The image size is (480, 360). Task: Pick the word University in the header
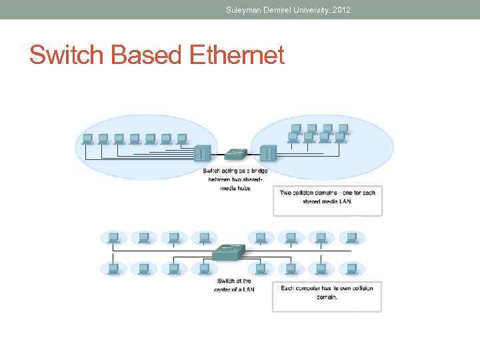pyautogui.click(x=305, y=9)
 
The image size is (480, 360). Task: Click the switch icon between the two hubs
pyautogui.click(x=235, y=153)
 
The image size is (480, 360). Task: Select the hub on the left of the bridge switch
pyautogui.click(x=202, y=154)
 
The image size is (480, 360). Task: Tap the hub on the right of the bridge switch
pyautogui.click(x=267, y=154)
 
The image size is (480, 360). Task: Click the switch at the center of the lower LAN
pyautogui.click(x=229, y=252)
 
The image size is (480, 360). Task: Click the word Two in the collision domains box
pyautogui.click(x=285, y=193)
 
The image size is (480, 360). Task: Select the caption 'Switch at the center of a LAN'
pyautogui.click(x=233, y=285)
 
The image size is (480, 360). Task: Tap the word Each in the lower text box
pyautogui.click(x=288, y=288)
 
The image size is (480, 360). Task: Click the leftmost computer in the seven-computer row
pyautogui.click(x=87, y=139)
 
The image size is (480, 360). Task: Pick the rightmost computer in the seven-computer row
pyautogui.click(x=181, y=139)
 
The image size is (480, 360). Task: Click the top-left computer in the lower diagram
pyautogui.click(x=113, y=237)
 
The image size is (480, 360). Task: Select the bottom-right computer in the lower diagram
pyautogui.click(x=351, y=268)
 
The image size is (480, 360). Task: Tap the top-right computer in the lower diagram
pyautogui.click(x=351, y=237)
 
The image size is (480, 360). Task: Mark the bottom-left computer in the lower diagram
pyautogui.click(x=113, y=268)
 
